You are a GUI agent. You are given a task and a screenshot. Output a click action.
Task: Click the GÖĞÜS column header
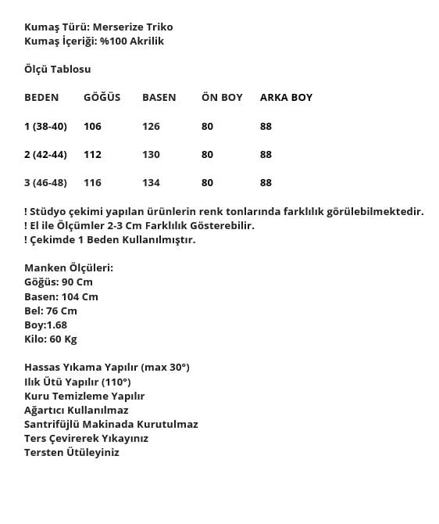pyautogui.click(x=102, y=98)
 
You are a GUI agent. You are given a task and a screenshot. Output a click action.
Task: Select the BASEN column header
pyautogui.click(x=159, y=98)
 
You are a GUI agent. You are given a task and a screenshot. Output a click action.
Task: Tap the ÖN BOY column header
pyautogui.click(x=222, y=98)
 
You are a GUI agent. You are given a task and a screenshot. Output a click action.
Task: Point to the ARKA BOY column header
pyautogui.click(x=286, y=98)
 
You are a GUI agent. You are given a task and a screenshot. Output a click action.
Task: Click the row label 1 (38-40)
pyautogui.click(x=45, y=127)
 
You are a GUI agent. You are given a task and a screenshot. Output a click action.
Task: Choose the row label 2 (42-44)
pyautogui.click(x=46, y=155)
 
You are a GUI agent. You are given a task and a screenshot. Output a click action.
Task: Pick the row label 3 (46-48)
pyautogui.click(x=45, y=183)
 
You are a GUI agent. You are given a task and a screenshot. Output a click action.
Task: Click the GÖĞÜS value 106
pyautogui.click(x=92, y=127)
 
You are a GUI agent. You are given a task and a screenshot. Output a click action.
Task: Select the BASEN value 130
pyautogui.click(x=151, y=155)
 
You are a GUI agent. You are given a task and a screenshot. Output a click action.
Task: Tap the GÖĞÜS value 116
pyautogui.click(x=92, y=183)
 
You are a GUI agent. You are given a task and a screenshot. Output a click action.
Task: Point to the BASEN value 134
pyautogui.click(x=151, y=183)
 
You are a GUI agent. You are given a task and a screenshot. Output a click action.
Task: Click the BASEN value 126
pyautogui.click(x=151, y=127)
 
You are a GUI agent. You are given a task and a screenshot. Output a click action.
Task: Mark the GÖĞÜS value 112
pyautogui.click(x=92, y=155)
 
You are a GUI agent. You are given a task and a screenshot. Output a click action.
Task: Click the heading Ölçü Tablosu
pyautogui.click(x=57, y=70)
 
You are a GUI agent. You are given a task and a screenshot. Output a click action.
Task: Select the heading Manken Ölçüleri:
pyautogui.click(x=69, y=268)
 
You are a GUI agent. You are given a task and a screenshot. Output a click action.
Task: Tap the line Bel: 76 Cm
pyautogui.click(x=51, y=311)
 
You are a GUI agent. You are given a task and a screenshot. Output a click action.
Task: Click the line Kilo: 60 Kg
pyautogui.click(x=51, y=339)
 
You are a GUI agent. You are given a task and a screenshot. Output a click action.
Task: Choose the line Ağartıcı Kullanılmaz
pyautogui.click(x=76, y=411)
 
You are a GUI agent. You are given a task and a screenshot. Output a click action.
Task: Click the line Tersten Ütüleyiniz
pyautogui.click(x=72, y=453)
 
